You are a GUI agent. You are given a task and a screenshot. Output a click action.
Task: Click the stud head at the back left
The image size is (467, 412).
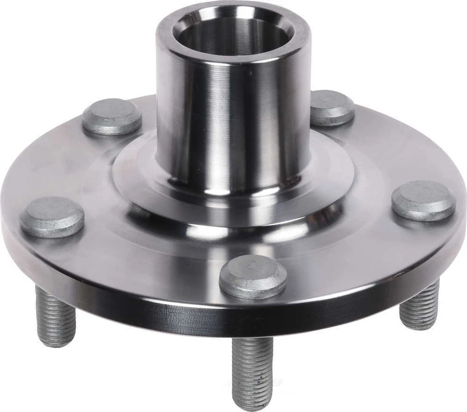point(111,116)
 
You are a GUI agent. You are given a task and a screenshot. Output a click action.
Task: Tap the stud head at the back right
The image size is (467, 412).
point(332,107)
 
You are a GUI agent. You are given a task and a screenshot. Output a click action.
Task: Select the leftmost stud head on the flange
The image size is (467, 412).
point(52,217)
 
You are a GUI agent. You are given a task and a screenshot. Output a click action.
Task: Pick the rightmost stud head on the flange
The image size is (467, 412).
point(423,200)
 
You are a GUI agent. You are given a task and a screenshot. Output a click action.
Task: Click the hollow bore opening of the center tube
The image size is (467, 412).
point(233,34)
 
